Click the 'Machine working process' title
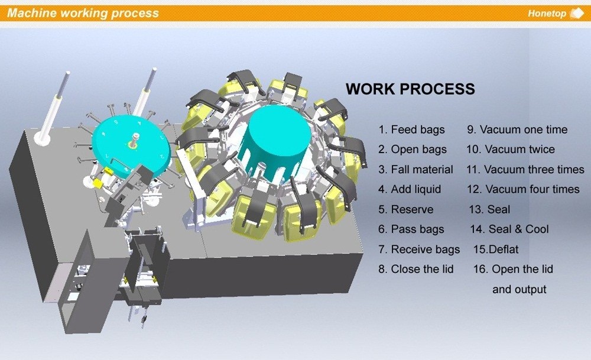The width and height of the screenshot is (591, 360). tap(83, 13)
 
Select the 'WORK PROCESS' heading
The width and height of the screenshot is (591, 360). tap(410, 89)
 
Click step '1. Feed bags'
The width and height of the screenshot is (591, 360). tap(411, 129)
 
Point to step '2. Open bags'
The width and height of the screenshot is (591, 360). tap(413, 150)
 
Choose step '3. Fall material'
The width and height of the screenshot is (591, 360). tap(415, 170)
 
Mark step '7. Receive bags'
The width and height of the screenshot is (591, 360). tap(419, 249)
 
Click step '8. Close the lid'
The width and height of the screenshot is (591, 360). tap(416, 269)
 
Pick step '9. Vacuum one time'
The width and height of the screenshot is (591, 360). tap(517, 129)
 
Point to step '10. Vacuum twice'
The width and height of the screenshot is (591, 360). tap(511, 150)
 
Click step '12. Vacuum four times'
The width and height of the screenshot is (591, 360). tap(522, 190)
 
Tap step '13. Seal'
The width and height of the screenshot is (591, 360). tap(489, 210)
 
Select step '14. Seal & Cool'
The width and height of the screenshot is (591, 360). tap(509, 229)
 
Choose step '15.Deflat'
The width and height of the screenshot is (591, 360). tap(496, 249)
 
